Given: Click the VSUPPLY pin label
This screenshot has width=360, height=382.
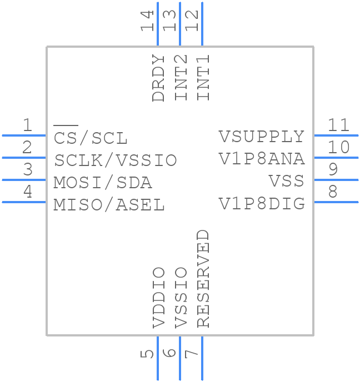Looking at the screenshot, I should (x=262, y=137).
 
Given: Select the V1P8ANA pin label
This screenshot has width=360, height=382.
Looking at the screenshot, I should (x=262, y=159).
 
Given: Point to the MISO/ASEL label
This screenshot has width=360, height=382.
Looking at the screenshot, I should (x=109, y=205).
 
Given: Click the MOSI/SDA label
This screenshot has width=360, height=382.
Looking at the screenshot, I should (x=103, y=183).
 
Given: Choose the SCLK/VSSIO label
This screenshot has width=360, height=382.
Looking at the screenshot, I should (x=116, y=160).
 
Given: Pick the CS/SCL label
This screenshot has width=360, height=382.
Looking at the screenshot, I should (x=91, y=138).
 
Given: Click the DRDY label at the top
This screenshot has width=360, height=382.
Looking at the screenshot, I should (x=159, y=78).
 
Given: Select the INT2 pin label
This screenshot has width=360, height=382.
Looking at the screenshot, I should (x=181, y=78).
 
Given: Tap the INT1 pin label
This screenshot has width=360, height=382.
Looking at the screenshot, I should (x=203, y=78).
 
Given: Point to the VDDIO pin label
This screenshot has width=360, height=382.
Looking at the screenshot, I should (x=159, y=298).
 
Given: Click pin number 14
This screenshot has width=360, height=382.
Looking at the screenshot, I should (x=147, y=21).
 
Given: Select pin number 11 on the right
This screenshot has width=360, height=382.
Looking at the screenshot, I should (x=338, y=125).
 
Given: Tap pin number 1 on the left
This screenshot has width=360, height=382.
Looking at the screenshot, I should (x=27, y=125).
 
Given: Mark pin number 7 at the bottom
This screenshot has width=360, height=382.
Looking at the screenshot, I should (x=192, y=353).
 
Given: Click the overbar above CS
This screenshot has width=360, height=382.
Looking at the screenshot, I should (x=66, y=127).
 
